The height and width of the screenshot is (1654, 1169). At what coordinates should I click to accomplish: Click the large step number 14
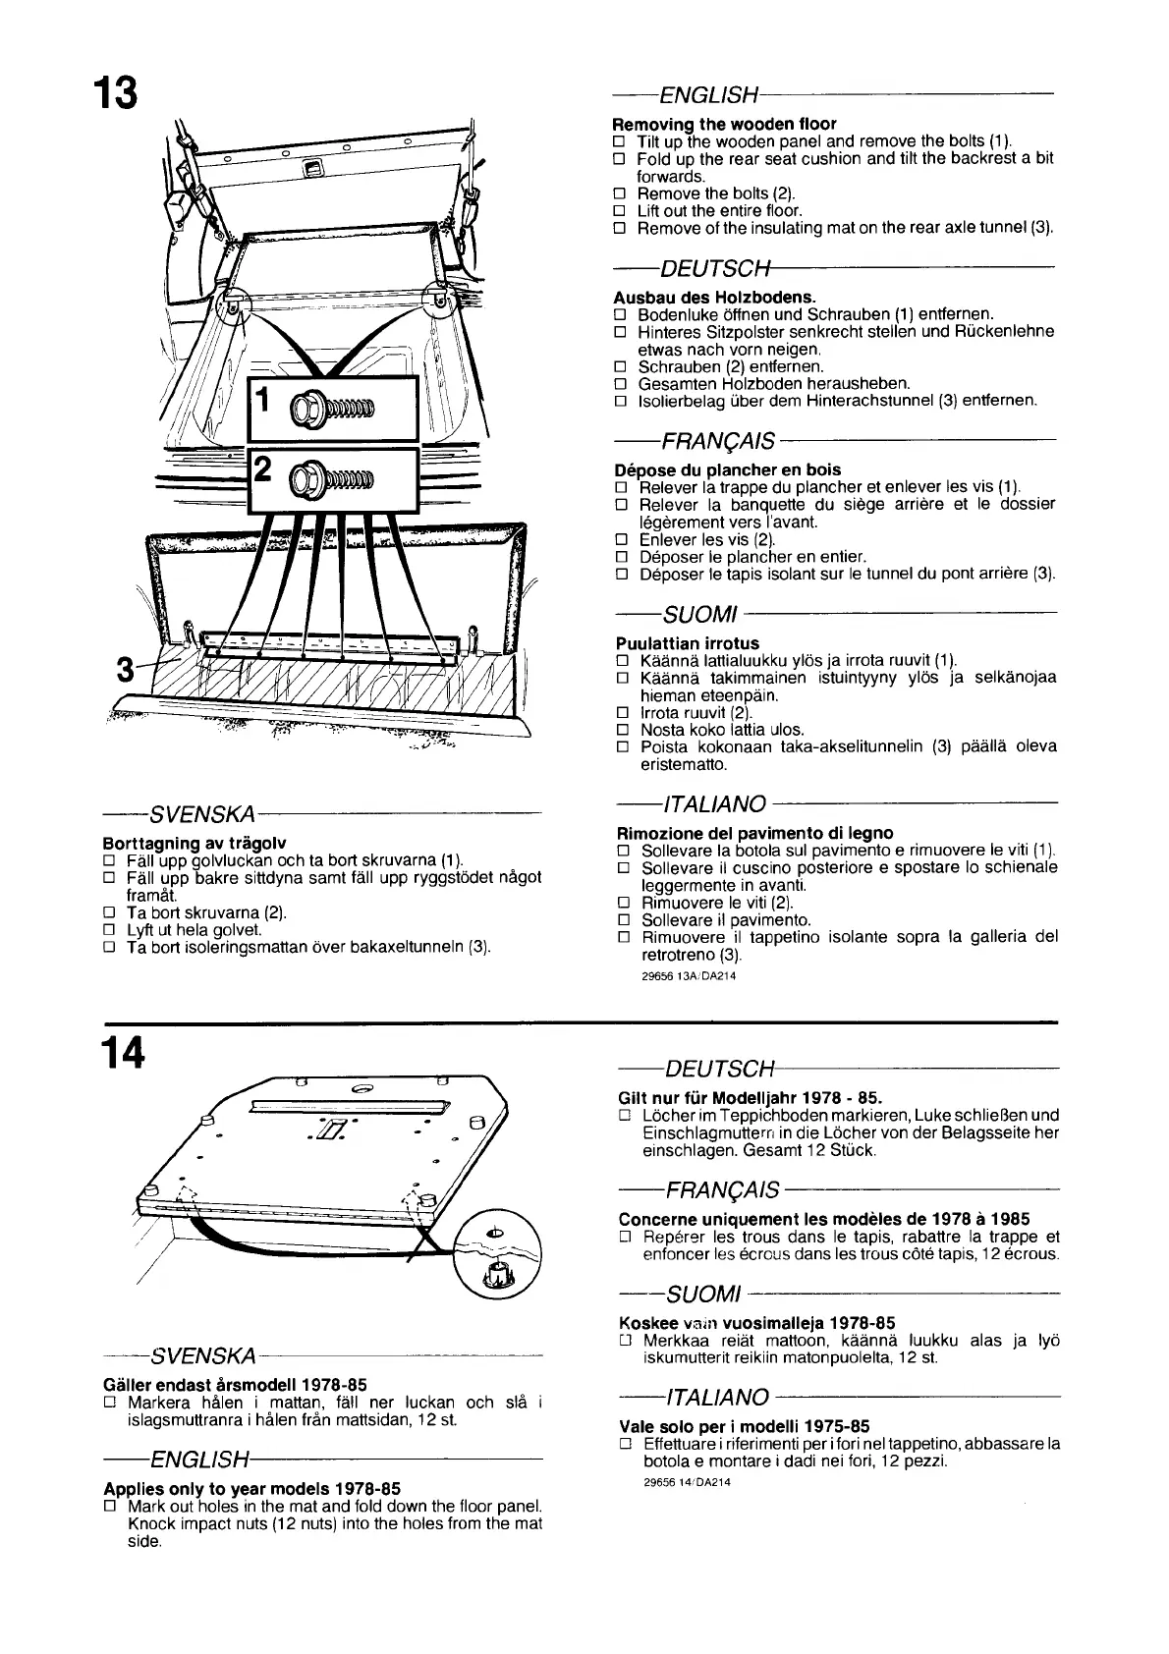click(122, 1052)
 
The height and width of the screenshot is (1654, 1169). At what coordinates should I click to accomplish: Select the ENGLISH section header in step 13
click(709, 95)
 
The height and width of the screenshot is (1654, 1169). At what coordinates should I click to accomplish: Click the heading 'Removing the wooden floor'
click(724, 124)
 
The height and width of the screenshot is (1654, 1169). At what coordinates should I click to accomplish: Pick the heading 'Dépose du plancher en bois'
click(727, 469)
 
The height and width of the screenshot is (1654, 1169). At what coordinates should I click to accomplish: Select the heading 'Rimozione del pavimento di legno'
click(755, 833)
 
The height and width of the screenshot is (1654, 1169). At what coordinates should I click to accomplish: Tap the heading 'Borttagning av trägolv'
click(195, 843)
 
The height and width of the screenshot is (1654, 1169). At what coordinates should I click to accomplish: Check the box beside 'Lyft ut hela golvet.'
click(109, 930)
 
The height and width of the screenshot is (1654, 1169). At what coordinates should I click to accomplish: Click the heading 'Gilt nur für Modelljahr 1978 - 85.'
click(751, 1097)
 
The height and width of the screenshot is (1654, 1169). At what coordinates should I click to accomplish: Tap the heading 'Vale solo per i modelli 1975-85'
click(744, 1425)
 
